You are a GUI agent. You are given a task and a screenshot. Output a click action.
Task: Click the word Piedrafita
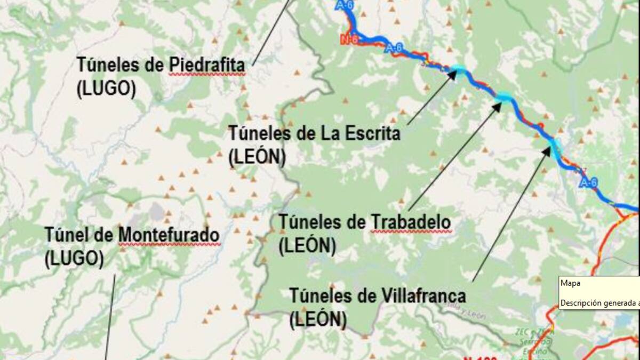click(x=207, y=66)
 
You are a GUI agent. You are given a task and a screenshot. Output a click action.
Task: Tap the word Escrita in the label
click(x=368, y=133)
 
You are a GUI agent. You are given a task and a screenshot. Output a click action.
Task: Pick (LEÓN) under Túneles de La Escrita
click(x=257, y=157)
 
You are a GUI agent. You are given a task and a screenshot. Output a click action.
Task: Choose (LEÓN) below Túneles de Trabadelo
click(x=307, y=245)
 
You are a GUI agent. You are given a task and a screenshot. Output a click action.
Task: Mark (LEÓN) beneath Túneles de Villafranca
click(x=318, y=319)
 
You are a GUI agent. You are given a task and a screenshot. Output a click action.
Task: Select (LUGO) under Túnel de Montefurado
click(x=74, y=259)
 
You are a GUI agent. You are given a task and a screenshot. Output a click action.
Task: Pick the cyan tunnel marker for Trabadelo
click(x=504, y=97)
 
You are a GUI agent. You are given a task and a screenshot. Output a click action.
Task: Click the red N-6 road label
click(x=349, y=38)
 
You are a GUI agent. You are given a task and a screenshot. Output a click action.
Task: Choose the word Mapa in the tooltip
click(x=570, y=284)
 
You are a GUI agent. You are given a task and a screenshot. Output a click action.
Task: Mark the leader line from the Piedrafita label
click(x=272, y=32)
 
